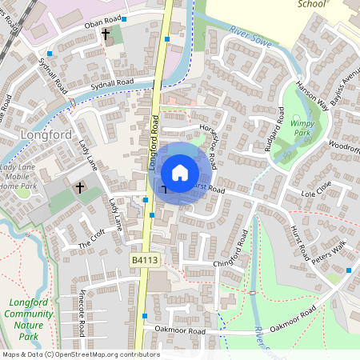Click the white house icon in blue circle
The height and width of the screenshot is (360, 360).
[x=180, y=172]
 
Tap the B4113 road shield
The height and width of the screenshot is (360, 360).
[x=142, y=260]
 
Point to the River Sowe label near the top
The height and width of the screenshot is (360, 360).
[x=247, y=33]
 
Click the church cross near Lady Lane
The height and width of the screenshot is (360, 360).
[x=79, y=188]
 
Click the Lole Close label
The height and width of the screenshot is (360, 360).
[x=315, y=194]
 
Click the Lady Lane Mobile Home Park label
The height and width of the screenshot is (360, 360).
[x=17, y=176]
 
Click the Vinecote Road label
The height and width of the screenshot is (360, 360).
[x=82, y=304]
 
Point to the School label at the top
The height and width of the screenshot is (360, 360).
[x=311, y=4]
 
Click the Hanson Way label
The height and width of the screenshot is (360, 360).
[x=311, y=93]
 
